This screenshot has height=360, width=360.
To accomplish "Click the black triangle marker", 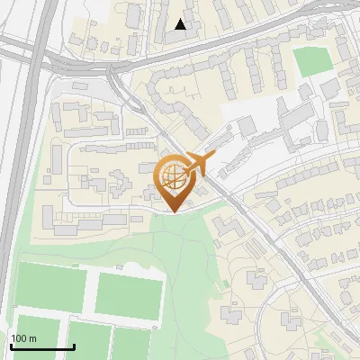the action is (x=181, y=24).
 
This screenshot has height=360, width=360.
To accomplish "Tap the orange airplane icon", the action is (x=202, y=164).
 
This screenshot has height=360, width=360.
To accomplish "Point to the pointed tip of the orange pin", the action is (x=174, y=211).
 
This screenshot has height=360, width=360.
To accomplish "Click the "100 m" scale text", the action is (x=23, y=338).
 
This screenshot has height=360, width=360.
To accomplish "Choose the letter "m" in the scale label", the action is (x=32, y=338).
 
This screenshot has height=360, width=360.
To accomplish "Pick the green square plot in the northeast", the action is (x=312, y=61).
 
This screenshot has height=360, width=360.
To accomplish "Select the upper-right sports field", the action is (x=129, y=294).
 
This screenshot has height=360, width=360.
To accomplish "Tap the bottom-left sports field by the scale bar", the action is (x=36, y=335).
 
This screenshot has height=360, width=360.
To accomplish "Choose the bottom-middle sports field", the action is (x=88, y=342).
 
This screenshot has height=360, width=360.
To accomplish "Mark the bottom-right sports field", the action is (x=135, y=344).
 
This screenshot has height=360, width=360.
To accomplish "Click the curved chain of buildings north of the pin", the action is (x=193, y=85).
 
